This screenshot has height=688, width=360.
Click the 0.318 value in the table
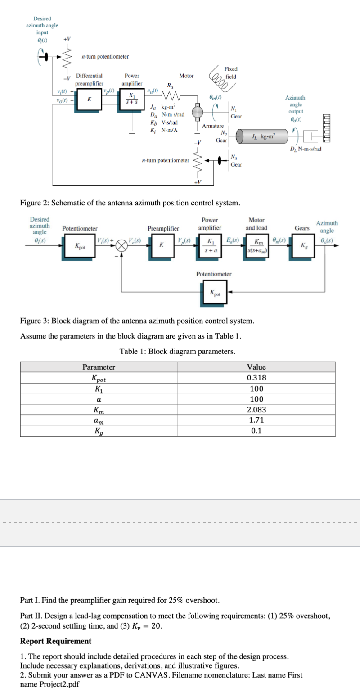click(x=256, y=378)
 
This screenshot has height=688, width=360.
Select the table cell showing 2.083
click(x=256, y=409)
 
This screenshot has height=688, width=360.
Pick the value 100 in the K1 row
click(x=256, y=389)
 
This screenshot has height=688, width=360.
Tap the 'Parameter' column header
click(x=99, y=367)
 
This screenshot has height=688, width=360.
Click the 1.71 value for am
click(x=256, y=420)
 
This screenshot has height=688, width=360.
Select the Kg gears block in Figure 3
click(x=302, y=246)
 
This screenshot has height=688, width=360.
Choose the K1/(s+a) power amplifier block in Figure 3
click(x=210, y=246)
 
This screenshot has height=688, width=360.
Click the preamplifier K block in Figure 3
click(x=161, y=246)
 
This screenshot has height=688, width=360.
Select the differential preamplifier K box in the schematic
click(x=88, y=100)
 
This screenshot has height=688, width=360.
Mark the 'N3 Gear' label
click(x=236, y=161)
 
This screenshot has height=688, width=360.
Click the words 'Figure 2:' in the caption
click(x=35, y=203)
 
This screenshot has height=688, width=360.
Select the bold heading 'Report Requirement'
click(x=56, y=641)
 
